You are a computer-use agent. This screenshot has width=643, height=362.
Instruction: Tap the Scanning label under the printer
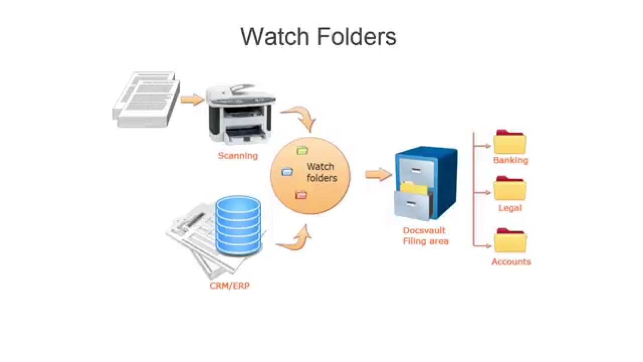point(238,156)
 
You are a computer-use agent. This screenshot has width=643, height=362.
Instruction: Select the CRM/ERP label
point(230,286)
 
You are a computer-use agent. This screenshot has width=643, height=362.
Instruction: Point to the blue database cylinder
point(238,225)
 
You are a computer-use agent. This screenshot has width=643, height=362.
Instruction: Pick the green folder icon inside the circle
point(302,150)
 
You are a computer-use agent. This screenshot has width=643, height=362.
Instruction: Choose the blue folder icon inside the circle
point(287,172)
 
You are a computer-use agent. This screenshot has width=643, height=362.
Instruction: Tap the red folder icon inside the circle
point(301,195)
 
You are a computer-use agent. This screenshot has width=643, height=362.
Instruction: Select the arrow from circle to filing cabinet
point(378,174)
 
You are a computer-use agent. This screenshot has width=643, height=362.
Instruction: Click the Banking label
point(510,160)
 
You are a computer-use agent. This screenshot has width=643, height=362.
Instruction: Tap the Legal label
point(510,208)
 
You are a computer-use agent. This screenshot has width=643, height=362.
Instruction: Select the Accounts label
point(511,261)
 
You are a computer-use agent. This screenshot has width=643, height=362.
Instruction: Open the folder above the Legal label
point(510,189)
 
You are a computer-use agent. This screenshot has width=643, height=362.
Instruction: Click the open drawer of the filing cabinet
point(412,203)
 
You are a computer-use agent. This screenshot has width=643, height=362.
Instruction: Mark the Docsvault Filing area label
point(425,236)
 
